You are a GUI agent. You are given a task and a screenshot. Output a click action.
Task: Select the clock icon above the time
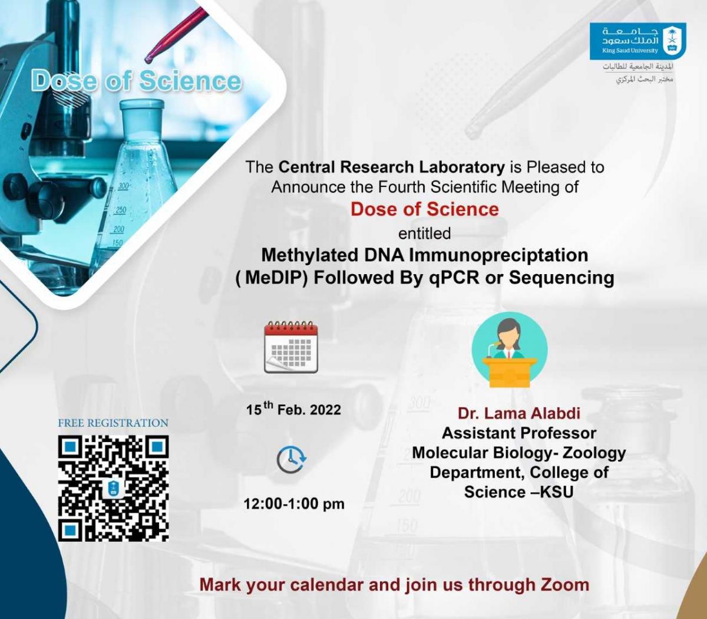pos(292,460)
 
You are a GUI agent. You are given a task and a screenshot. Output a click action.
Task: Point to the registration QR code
pos(113,488)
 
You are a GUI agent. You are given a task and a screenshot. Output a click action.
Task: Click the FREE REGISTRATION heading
pos(113,423)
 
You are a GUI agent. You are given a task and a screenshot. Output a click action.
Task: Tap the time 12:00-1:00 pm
pos(294,504)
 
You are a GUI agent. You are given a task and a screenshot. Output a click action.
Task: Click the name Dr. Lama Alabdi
pos(519,413)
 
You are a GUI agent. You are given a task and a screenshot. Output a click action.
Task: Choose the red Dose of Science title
pos(425,209)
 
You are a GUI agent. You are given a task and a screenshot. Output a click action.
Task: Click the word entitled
pos(425,233)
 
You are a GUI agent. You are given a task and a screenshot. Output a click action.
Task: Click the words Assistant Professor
pos(519,433)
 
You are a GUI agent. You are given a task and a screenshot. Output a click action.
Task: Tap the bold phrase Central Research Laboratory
pos(392,167)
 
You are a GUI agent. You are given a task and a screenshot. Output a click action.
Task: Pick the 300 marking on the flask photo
pos(123,186)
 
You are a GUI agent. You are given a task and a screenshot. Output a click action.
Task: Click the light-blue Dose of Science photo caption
pos(136,81)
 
